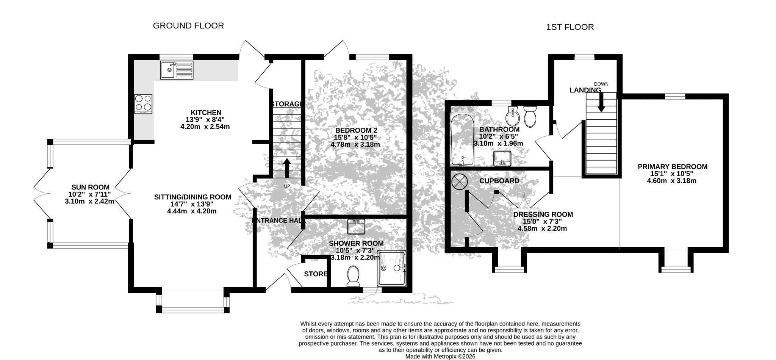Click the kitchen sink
(x=176, y=70)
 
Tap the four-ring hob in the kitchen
(x=143, y=104)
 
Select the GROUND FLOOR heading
(x=188, y=25)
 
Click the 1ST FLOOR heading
(x=570, y=27)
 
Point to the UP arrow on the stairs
(x=287, y=168)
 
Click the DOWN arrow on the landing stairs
(x=601, y=102)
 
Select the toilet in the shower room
(x=354, y=276)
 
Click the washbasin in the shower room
(x=356, y=227)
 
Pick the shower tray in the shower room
(x=392, y=268)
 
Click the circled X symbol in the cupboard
(x=459, y=181)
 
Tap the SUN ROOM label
(x=91, y=187)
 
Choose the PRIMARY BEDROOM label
(x=673, y=167)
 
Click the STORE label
(x=316, y=274)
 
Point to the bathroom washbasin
(x=502, y=158)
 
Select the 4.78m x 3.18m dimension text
(x=355, y=144)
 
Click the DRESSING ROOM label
(x=543, y=214)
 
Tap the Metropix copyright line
(x=440, y=357)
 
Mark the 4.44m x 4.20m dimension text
(x=192, y=211)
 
